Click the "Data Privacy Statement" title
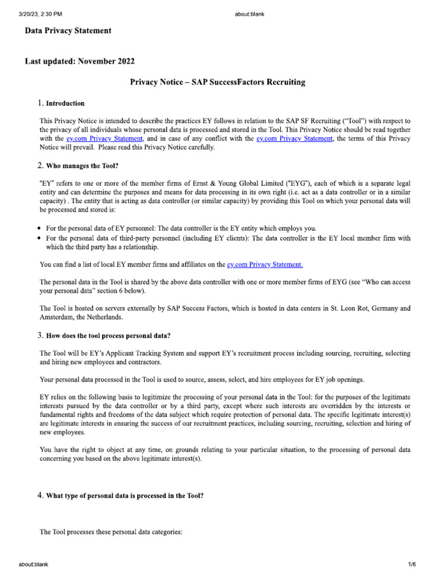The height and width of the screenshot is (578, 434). [68, 31]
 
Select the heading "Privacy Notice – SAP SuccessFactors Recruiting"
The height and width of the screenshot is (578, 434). [218, 82]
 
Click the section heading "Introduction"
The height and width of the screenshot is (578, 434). [65, 103]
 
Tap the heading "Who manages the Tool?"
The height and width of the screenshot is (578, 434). [83, 165]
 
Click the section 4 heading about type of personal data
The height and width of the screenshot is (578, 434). [124, 496]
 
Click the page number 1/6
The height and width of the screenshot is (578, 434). [412, 564]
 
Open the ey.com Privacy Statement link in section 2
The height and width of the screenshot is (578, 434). [264, 264]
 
